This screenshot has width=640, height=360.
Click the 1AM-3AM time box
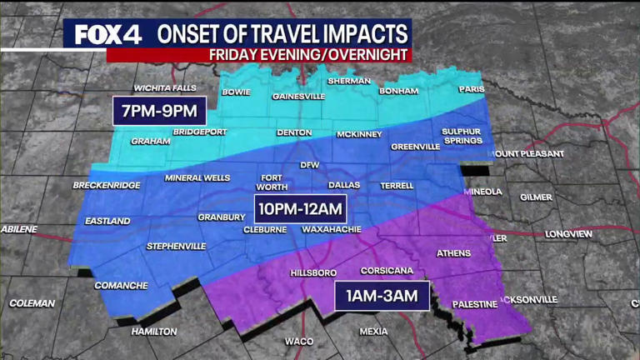tap(382, 296)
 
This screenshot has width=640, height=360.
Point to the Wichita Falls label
tap(166, 87)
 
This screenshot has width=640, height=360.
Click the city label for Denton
tap(294, 132)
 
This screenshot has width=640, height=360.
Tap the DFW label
tap(309, 164)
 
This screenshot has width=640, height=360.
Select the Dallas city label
tap(343, 185)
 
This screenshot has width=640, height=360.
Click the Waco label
tap(298, 341)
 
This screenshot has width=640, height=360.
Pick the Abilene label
tap(21, 227)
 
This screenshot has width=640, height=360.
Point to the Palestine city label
tap(474, 304)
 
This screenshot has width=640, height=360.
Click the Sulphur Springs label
tap(462, 136)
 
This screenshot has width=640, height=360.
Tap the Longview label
tap(568, 234)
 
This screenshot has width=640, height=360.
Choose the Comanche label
tap(120, 285)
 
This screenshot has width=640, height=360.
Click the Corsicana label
tap(387, 271)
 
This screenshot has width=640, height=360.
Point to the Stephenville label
tap(175, 246)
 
